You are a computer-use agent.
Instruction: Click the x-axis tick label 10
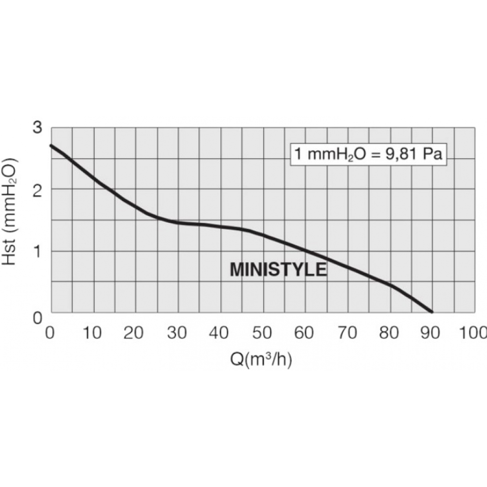pos(93,333)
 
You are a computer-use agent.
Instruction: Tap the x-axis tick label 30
pos(177,333)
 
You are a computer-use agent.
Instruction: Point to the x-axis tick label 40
pos(220,333)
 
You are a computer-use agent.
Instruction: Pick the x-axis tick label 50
pos(262,333)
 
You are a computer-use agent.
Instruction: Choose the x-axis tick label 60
pos(304,333)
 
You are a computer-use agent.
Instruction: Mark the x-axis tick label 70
pos(347,333)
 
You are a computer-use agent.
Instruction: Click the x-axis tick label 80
pos(389,333)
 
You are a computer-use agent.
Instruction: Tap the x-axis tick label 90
pos(431,333)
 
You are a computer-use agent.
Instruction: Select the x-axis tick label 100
pos(474,333)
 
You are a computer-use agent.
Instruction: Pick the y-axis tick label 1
pos(37,251)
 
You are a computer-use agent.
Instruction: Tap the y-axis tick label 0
pos(37,318)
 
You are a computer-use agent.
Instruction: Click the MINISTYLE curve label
pos(278,270)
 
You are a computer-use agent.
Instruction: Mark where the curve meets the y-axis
pos(51,145)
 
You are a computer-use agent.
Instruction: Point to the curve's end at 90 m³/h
pos(431,312)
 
